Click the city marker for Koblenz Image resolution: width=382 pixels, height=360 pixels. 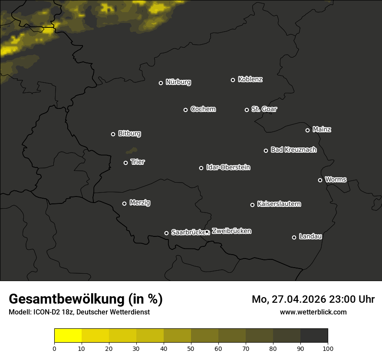[233, 80]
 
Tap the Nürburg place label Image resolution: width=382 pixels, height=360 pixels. [178, 82]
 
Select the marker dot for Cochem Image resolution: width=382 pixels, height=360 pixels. [185, 110]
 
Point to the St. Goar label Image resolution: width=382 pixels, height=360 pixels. [264, 109]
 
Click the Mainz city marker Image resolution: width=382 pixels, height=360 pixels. [307, 130]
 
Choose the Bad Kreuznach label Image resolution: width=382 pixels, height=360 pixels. [293, 150]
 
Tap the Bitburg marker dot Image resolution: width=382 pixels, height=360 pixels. [113, 134]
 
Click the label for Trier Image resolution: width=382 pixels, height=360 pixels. [138, 162]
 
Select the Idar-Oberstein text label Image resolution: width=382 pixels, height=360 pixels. [228, 167]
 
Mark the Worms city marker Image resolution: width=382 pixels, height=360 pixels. [320, 180]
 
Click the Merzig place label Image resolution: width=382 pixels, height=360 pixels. [140, 203]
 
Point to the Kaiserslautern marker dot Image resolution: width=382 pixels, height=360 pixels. [252, 205]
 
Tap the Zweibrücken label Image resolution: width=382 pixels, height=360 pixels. [231, 231]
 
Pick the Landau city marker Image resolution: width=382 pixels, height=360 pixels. [294, 237]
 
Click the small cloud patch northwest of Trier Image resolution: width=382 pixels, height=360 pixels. [131, 151]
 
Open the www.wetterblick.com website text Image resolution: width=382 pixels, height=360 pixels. [313, 312]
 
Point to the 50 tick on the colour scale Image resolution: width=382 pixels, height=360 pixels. [191, 348]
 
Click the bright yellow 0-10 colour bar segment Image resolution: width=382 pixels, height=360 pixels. [68, 335]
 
